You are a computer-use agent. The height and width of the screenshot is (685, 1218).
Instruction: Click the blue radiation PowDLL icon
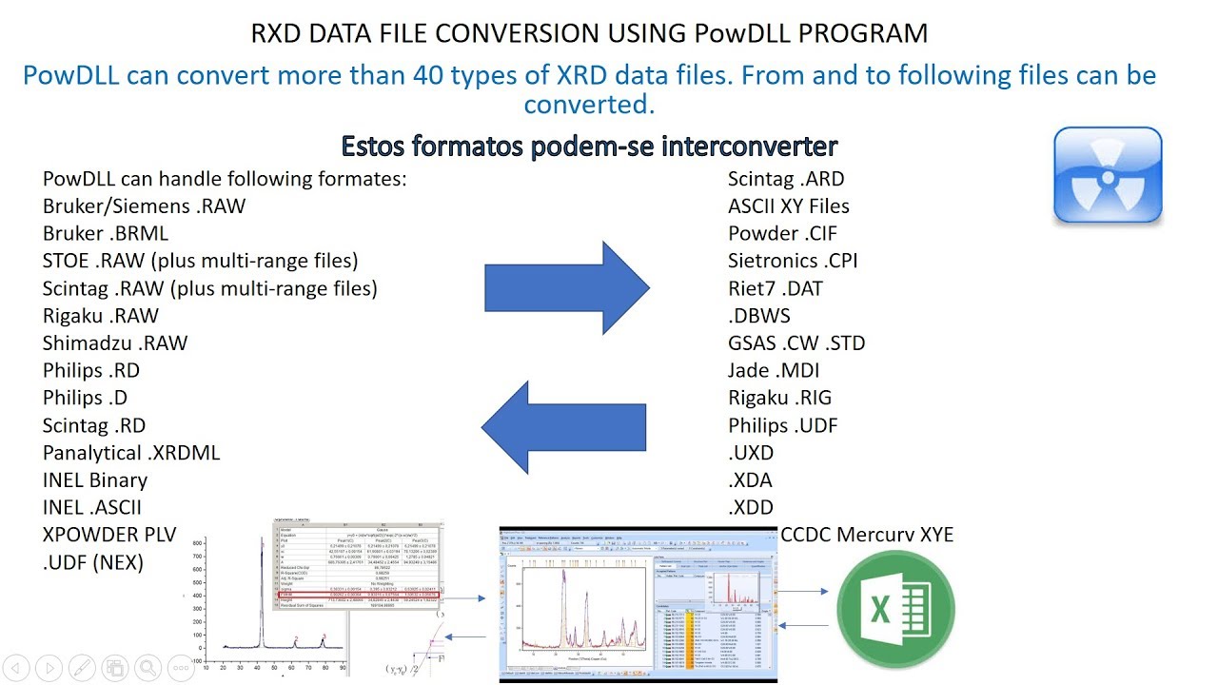[x=1108, y=176]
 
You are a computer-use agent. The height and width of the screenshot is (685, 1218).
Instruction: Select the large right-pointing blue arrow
[x=566, y=287]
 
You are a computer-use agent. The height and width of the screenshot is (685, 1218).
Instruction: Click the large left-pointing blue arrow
[x=563, y=426]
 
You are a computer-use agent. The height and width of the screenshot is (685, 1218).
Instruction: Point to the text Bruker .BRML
[x=106, y=233]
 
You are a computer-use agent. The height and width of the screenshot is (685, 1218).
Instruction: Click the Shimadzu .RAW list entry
[x=115, y=342]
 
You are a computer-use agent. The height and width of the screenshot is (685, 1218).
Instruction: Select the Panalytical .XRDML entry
[x=131, y=453]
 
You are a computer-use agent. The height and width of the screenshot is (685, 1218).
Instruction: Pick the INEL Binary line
[x=95, y=480]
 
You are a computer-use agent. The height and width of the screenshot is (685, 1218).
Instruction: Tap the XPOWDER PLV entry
[x=109, y=535]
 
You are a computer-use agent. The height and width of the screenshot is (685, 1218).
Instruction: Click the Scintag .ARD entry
[x=786, y=179]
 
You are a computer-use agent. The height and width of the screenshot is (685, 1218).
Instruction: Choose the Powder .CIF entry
[x=783, y=233]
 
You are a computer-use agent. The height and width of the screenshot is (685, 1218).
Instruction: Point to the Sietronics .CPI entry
[x=794, y=261]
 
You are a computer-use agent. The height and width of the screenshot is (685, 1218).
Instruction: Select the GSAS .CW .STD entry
[x=796, y=342]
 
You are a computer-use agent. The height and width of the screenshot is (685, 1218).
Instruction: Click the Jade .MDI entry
[x=774, y=370]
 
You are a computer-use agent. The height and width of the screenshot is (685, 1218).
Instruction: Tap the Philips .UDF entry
[x=783, y=425]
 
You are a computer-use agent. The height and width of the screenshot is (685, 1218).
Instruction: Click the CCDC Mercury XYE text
[x=867, y=535]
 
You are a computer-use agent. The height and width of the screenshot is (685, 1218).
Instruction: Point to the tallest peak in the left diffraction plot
[x=262, y=552]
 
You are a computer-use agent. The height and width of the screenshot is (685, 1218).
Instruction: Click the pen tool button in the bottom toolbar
[x=81, y=668]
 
